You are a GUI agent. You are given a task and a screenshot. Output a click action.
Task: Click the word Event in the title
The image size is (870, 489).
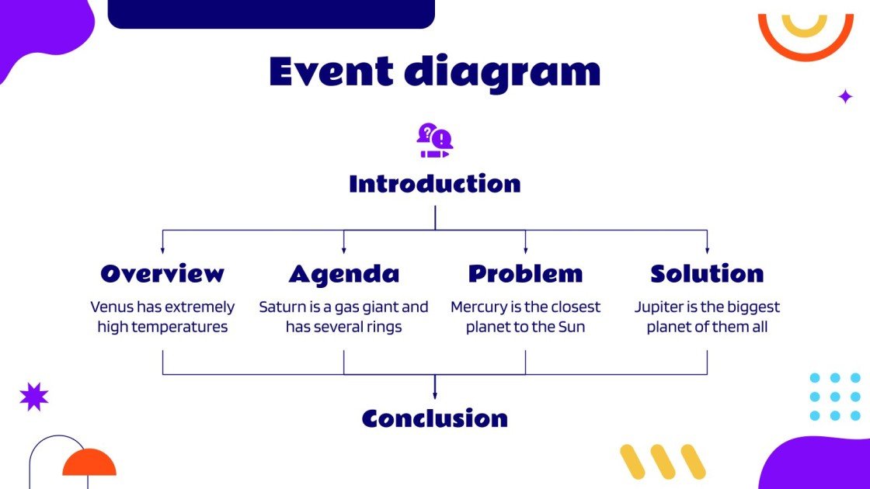pyautogui.click(x=330, y=71)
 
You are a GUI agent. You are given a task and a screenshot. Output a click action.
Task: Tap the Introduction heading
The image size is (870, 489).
pyautogui.click(x=434, y=184)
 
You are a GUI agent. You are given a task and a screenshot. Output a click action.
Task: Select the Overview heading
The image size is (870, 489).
pyautogui.click(x=162, y=273)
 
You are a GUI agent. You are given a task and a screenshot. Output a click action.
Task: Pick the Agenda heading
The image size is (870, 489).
pyautogui.click(x=344, y=273)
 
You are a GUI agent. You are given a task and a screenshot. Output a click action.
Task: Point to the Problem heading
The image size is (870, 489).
pyautogui.click(x=525, y=273)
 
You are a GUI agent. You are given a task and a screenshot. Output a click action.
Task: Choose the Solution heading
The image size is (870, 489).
pyautogui.click(x=707, y=273)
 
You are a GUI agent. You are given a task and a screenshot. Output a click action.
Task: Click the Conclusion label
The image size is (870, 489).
pyautogui.click(x=434, y=418)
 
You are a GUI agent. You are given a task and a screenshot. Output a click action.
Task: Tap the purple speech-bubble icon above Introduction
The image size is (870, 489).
pyautogui.click(x=434, y=140)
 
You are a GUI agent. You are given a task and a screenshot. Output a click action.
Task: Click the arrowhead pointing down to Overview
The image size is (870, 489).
pyautogui.click(x=162, y=250)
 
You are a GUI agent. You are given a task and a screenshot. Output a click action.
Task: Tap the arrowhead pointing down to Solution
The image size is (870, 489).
pyautogui.click(x=707, y=250)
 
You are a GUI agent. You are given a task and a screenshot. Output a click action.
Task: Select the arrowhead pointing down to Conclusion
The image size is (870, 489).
pyautogui.click(x=434, y=396)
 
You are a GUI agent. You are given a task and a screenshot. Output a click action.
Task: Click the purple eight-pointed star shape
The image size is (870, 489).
pyautogui.click(x=33, y=397)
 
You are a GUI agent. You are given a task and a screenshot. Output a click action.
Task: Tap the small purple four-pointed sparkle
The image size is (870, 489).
pyautogui.click(x=845, y=96)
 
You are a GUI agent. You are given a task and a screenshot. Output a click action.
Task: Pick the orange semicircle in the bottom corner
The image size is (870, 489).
pyautogui.click(x=89, y=463)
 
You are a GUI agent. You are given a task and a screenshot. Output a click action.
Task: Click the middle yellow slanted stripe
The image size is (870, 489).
pyautogui.click(x=663, y=462)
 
